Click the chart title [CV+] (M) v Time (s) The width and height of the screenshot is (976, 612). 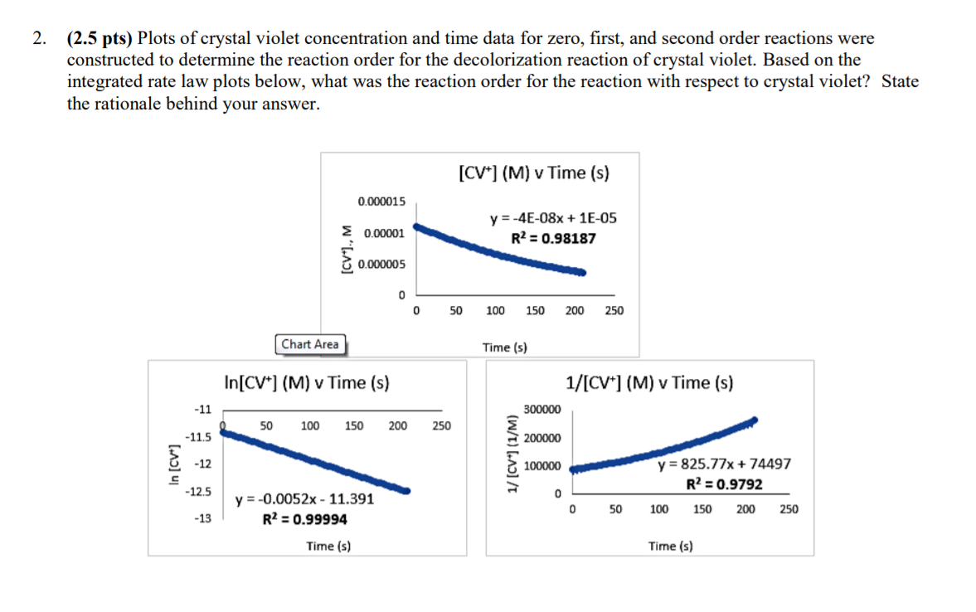(x=533, y=173)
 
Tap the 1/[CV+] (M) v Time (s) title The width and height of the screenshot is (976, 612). (x=649, y=383)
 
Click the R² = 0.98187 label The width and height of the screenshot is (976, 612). (x=553, y=239)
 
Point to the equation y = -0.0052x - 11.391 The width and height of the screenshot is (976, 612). (x=304, y=499)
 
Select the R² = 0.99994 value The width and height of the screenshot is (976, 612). (x=304, y=519)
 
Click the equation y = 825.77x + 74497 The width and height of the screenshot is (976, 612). (x=724, y=464)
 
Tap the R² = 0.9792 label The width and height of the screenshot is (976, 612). (x=724, y=484)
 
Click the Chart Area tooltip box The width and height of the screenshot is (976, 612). (x=310, y=344)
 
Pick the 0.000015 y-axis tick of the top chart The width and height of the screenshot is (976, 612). (x=381, y=202)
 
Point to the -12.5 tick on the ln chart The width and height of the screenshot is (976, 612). (x=198, y=492)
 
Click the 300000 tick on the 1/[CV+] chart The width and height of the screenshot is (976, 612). (x=542, y=410)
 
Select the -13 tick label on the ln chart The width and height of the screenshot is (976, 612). (x=202, y=518)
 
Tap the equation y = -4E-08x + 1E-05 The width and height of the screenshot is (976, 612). (x=553, y=219)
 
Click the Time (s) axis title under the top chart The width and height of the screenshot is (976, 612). (x=505, y=347)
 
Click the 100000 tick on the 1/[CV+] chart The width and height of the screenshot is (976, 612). (x=542, y=466)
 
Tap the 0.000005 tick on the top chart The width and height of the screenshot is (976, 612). (x=381, y=265)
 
